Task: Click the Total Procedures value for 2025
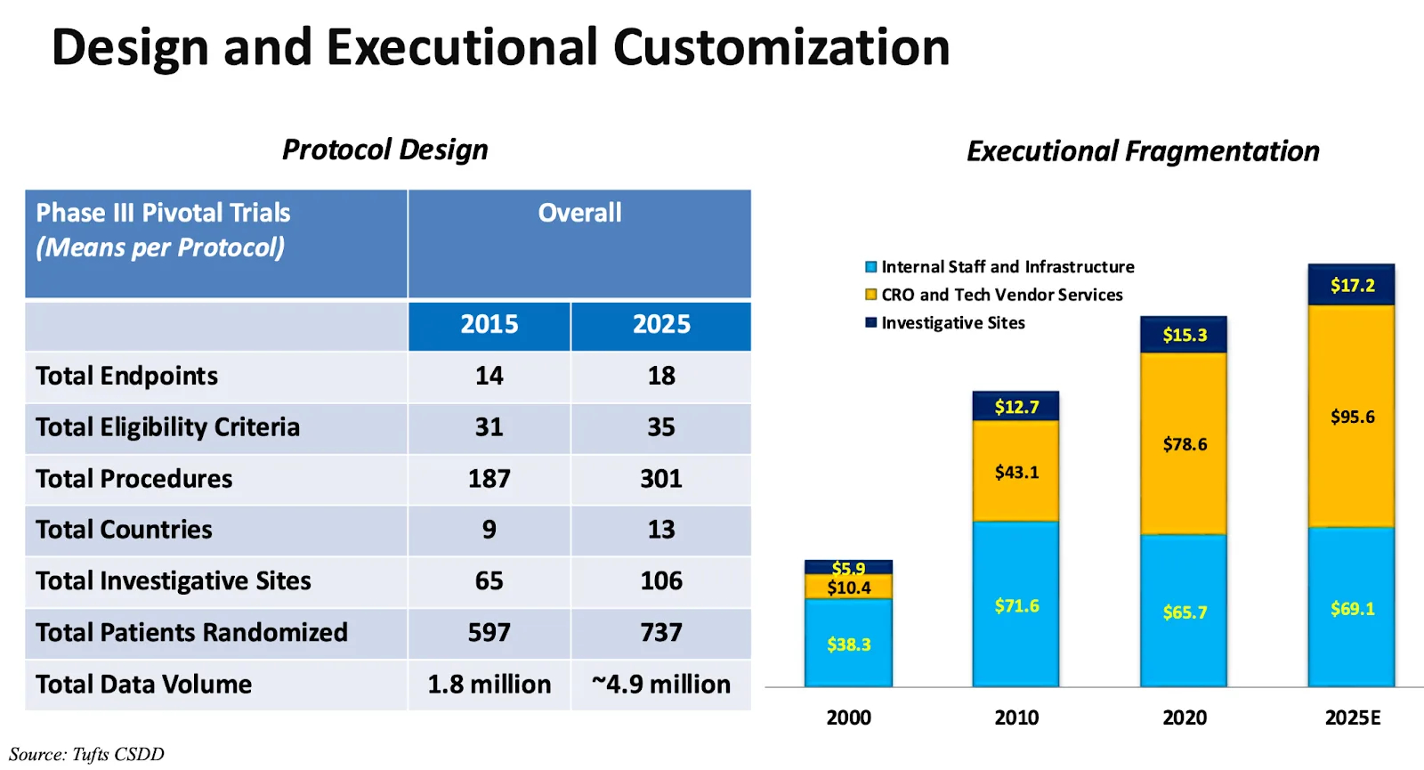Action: [x=661, y=479]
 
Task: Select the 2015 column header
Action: [x=489, y=324]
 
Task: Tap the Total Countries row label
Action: [x=125, y=530]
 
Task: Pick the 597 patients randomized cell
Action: [x=489, y=633]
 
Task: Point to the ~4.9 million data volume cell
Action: [x=661, y=685]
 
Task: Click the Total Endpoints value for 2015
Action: [x=489, y=376]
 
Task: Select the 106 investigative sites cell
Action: [x=661, y=581]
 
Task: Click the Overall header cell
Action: [x=579, y=214]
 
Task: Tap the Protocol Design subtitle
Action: [x=385, y=150]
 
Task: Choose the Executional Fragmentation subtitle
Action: [x=1143, y=151]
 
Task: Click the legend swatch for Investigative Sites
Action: [x=871, y=323]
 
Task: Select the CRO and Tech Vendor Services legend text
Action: [x=1002, y=295]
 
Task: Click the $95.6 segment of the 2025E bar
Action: [x=1352, y=417]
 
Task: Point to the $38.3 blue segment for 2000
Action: [x=848, y=644]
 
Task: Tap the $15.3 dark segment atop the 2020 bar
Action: [x=1185, y=335]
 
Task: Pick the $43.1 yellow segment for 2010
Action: [x=1016, y=472]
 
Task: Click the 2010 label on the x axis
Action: [x=1016, y=717]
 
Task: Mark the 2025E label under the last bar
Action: [x=1352, y=717]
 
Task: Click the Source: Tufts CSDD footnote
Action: [x=86, y=754]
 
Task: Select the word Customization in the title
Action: [x=781, y=47]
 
